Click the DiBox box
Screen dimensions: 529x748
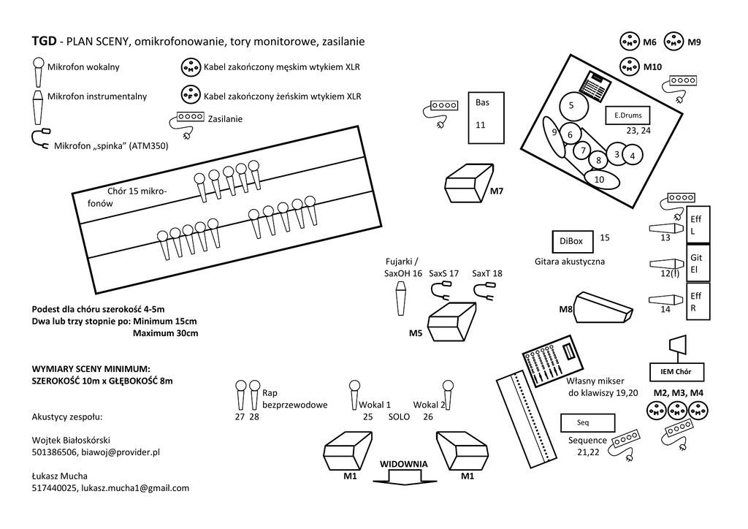571,241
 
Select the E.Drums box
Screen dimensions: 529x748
627,115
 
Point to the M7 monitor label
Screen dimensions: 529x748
497,191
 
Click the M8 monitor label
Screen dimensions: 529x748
565,310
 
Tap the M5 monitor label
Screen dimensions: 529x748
416,333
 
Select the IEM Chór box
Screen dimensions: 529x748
676,371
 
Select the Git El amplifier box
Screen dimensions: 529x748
697,264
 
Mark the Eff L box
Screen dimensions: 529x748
697,225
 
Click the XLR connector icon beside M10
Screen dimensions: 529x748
630,66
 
